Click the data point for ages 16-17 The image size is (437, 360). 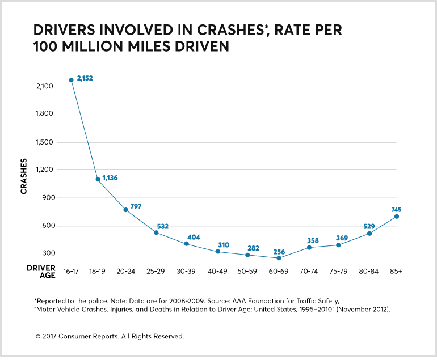click(71, 80)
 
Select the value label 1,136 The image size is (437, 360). click(110, 178)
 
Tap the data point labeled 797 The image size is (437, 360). click(125, 210)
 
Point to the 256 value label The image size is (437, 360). click(279, 251)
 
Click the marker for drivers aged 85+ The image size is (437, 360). click(397, 217)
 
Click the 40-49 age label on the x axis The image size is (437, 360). click(218, 272)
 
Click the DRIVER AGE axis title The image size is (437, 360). click(41, 271)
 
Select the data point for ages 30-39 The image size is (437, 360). click(186, 244)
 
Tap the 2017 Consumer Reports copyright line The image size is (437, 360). click(110, 336)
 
